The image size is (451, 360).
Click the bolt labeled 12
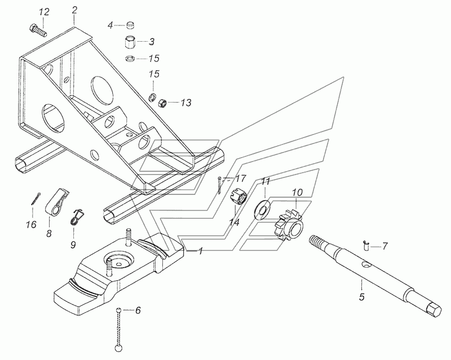tap(38, 30)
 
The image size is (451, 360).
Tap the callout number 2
tap(74, 10)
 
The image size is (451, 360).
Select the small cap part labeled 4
tap(131, 25)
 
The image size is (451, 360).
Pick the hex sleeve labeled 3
tap(130, 43)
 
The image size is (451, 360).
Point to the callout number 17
tap(241, 179)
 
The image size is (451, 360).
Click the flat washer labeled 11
tap(262, 212)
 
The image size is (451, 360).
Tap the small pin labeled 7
tap(366, 246)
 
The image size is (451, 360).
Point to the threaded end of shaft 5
tap(317, 242)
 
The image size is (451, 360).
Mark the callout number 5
tap(361, 297)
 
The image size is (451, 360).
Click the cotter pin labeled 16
tap(36, 199)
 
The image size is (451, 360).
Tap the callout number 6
tap(138, 310)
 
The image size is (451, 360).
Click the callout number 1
tap(201, 251)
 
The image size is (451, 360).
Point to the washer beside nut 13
tap(152, 97)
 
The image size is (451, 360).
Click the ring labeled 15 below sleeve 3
tap(130, 59)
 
